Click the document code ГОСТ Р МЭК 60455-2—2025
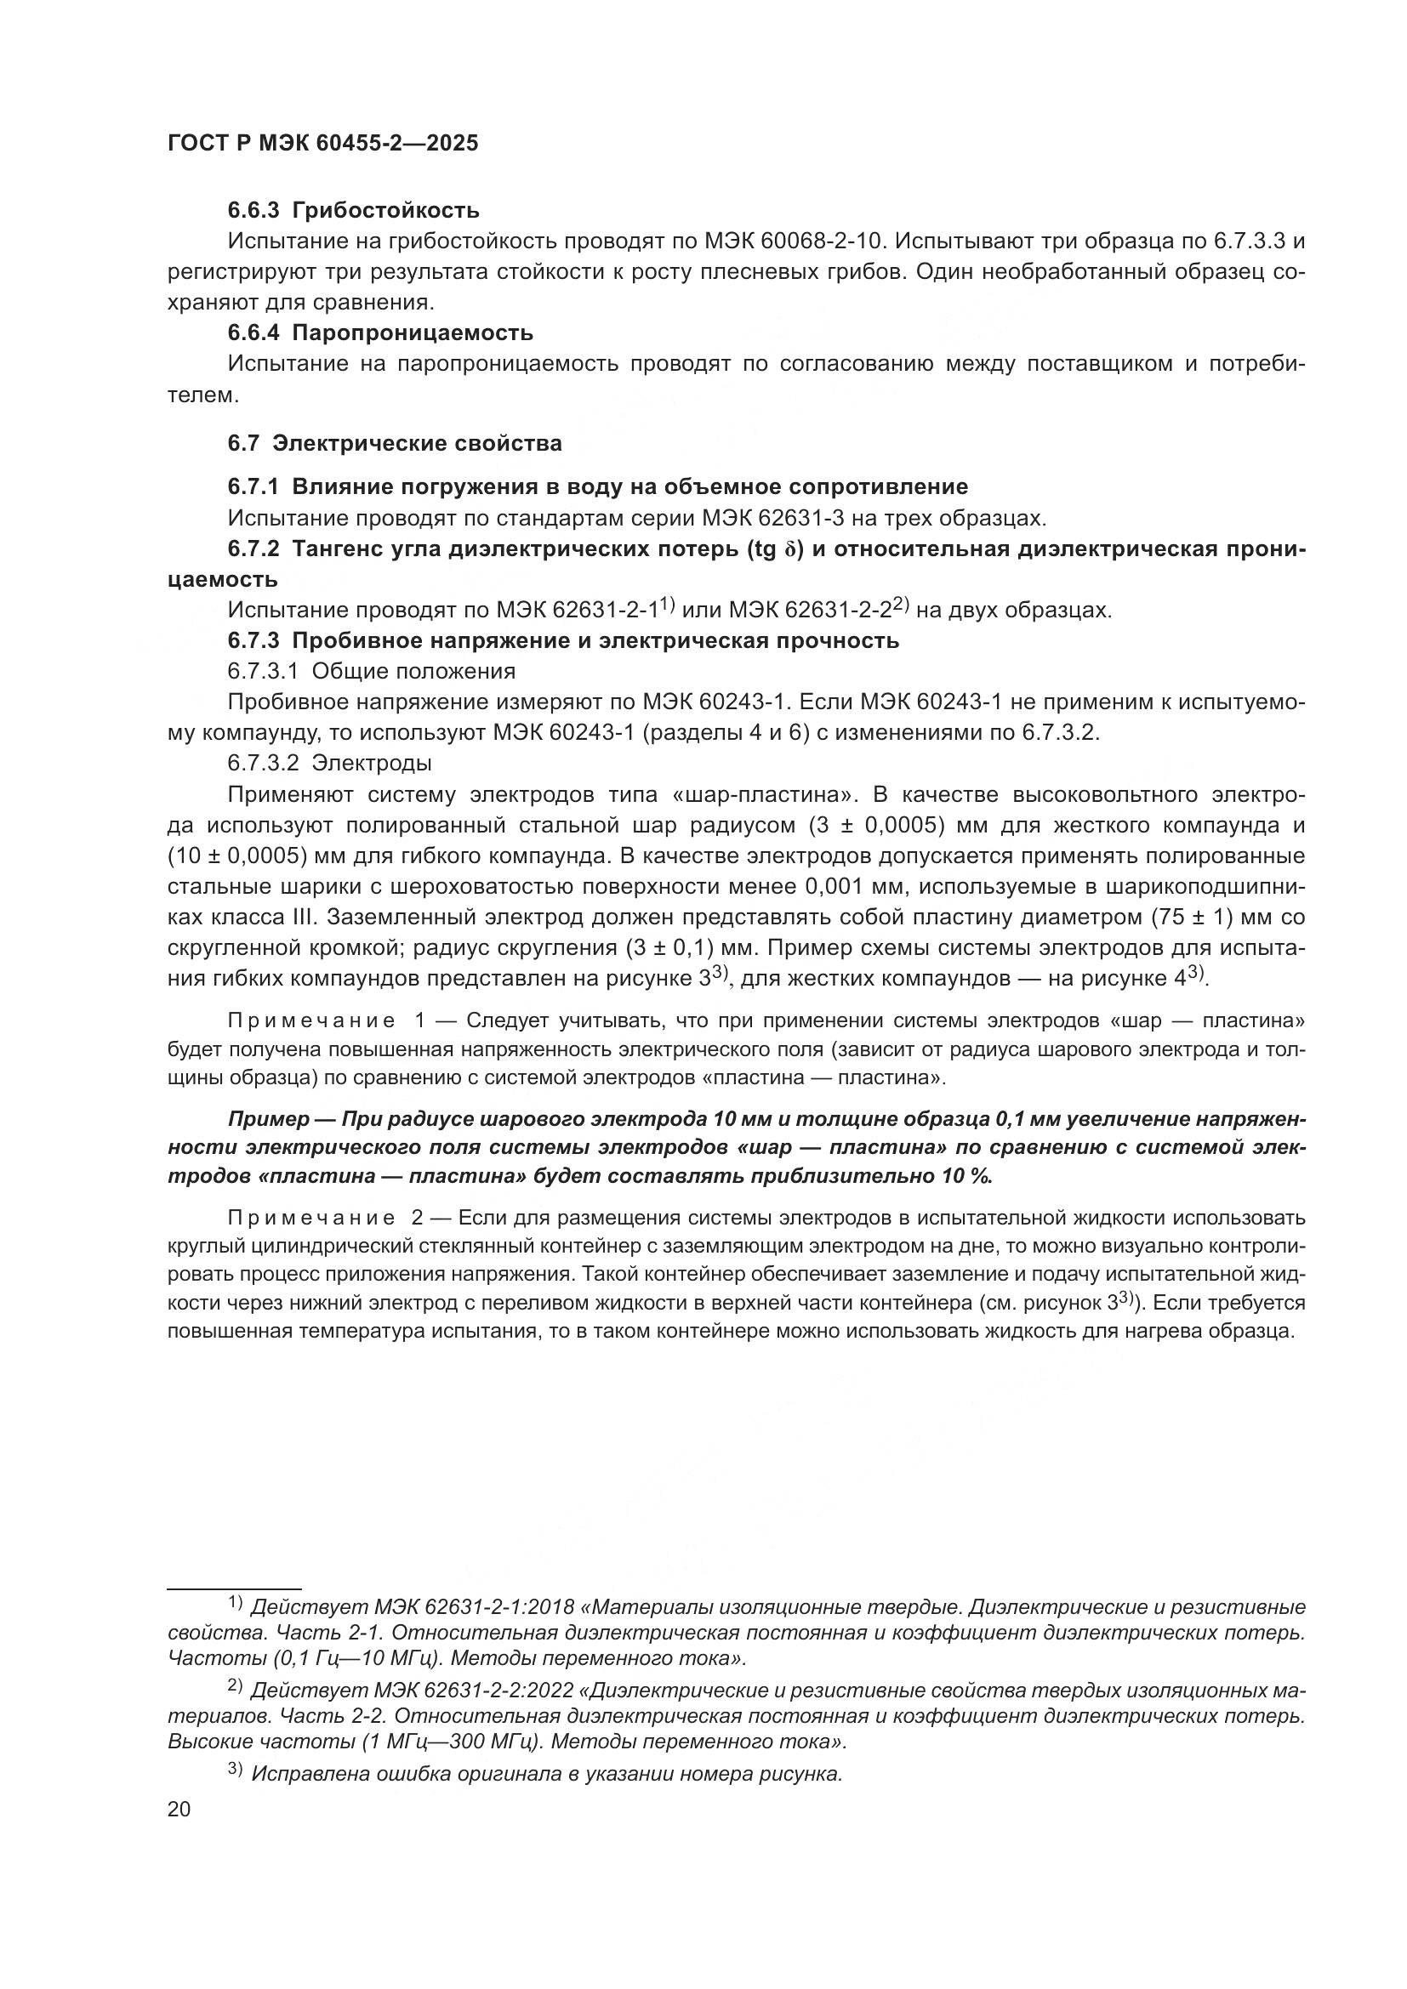(x=322, y=144)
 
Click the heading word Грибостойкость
(x=385, y=211)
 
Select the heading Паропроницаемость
(x=413, y=332)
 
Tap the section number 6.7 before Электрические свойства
(x=243, y=444)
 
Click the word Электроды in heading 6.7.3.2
(x=372, y=763)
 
